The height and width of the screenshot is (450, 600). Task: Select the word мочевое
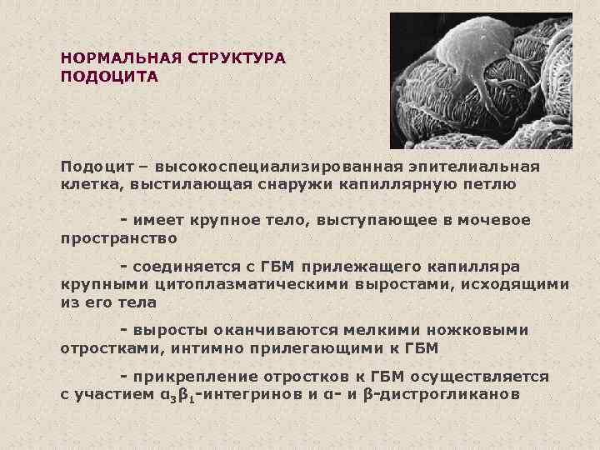tap(495, 220)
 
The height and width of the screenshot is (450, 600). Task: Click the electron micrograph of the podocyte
tap(480, 81)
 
